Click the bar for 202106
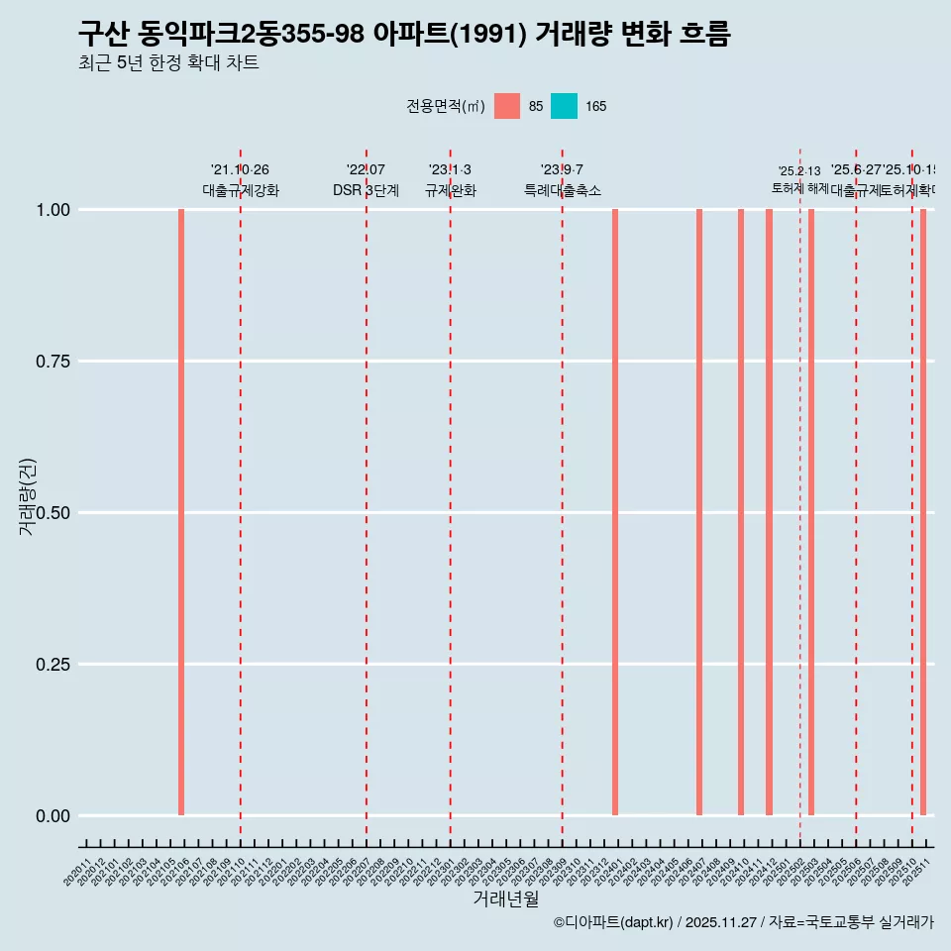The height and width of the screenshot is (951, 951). point(181,512)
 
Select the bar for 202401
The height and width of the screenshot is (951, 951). point(615,512)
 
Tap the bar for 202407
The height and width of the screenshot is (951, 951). point(699,512)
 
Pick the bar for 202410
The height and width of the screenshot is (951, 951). point(741,512)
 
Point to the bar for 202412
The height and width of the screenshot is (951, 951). point(769,512)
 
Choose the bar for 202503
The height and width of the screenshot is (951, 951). point(811,512)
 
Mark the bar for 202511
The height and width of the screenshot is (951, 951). point(923,512)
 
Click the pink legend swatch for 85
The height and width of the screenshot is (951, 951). point(507,106)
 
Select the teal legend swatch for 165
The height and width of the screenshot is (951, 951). point(564,106)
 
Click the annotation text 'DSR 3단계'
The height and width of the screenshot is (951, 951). point(366,190)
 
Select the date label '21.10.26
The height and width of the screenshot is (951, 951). point(240,169)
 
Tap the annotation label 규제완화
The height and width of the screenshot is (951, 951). point(451,190)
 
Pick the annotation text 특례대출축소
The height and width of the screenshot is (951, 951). point(563,190)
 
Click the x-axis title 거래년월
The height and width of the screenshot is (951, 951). point(505,898)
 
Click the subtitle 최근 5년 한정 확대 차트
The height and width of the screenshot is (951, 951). point(168,63)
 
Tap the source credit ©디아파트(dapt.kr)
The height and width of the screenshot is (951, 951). point(613,922)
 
